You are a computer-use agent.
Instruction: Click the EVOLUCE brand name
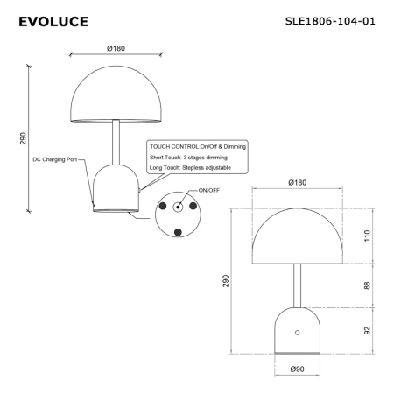click(x=53, y=20)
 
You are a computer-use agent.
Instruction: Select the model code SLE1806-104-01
click(x=330, y=20)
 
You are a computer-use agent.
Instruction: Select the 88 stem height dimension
click(x=368, y=284)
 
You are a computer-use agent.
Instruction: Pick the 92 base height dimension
click(x=368, y=331)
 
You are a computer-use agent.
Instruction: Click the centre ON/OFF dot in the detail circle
click(x=178, y=208)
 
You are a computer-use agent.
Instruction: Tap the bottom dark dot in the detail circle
click(x=178, y=232)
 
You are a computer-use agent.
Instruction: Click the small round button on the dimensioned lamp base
click(x=297, y=333)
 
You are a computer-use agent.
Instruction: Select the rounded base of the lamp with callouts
click(x=115, y=188)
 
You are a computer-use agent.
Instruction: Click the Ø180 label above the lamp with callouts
click(x=116, y=47)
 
